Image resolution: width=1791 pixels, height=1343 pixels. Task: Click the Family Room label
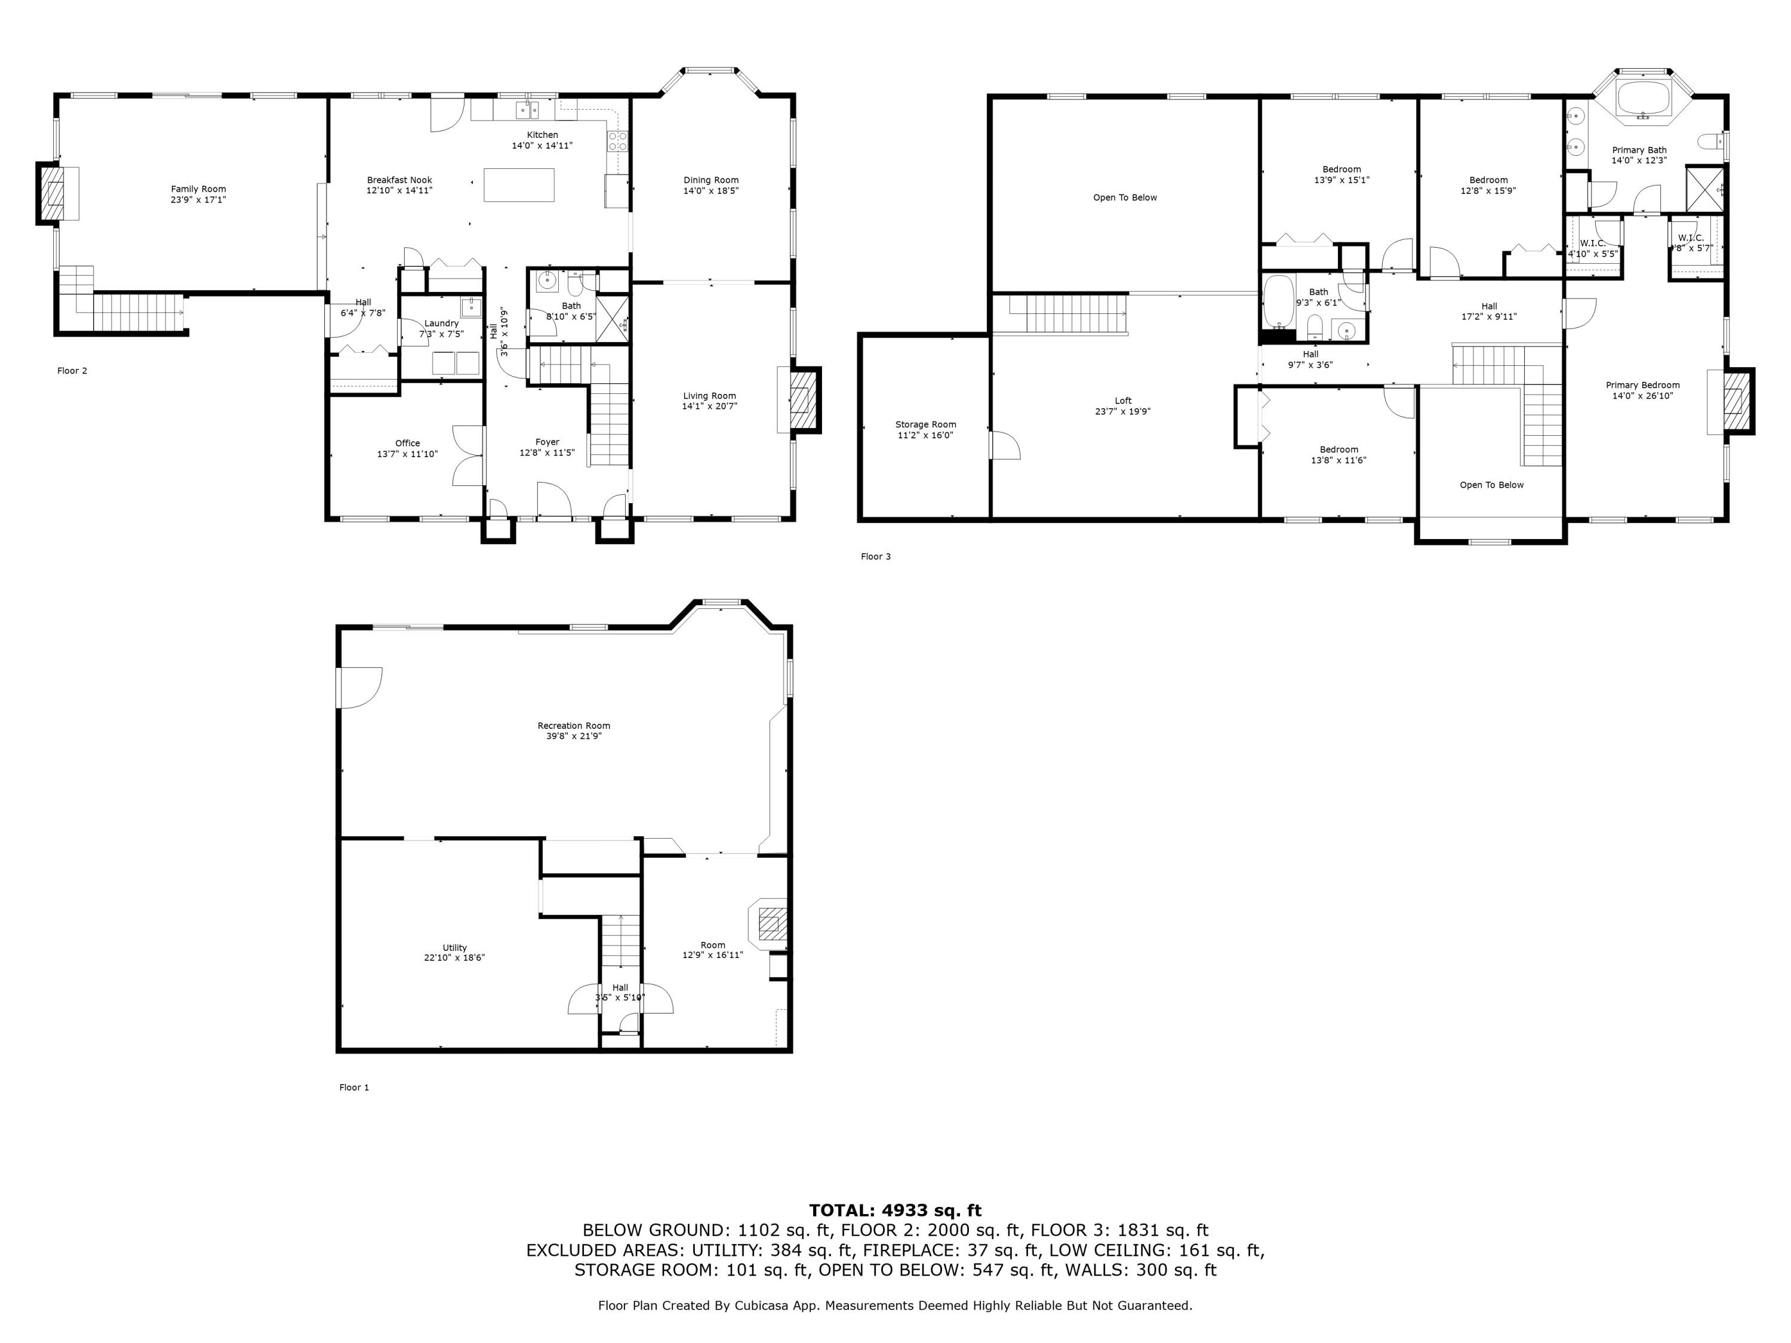click(198, 189)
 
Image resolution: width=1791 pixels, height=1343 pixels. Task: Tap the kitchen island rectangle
click(519, 184)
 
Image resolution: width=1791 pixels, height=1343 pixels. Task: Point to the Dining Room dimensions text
click(711, 191)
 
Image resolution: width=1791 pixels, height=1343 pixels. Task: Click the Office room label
click(407, 443)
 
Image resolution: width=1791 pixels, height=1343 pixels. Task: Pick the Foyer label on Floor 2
click(547, 442)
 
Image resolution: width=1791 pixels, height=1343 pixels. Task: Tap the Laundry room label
click(441, 323)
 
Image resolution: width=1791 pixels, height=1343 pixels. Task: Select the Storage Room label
click(925, 424)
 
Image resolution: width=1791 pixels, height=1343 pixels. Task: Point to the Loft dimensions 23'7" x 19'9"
click(1122, 411)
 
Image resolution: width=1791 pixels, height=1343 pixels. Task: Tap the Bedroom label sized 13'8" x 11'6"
click(1338, 449)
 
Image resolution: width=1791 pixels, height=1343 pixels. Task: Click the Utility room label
click(454, 947)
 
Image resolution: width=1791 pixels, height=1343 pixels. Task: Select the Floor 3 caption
click(875, 556)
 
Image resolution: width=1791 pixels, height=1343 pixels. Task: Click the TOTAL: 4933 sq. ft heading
click(895, 1210)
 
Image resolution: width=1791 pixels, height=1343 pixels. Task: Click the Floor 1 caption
click(354, 1087)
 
